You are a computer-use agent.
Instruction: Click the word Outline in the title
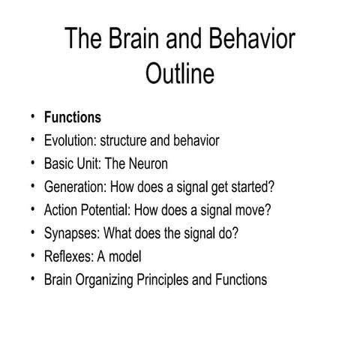coord(180,74)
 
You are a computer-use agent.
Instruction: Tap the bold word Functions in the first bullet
coord(73,118)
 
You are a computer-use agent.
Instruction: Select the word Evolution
coord(70,141)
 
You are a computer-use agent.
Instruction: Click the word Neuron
coord(147,163)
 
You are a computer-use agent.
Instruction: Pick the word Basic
coord(58,163)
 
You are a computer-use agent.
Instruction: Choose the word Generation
coord(75,187)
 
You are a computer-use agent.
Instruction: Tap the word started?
coord(263,187)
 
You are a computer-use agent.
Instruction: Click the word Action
coord(61,210)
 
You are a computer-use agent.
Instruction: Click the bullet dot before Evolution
coord(33,141)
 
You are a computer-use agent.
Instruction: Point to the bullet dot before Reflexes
coord(33,256)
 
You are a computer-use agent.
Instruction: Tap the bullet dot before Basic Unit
coord(33,163)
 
